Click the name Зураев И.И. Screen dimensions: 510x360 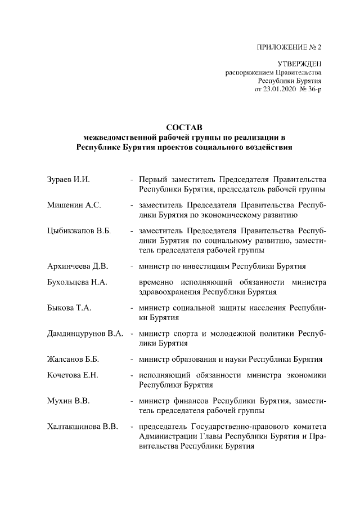tap(69, 180)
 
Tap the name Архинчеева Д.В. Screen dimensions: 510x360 tap(77, 265)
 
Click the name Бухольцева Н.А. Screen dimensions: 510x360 tap(77, 281)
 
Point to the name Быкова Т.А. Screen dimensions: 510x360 tap(69, 308)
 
